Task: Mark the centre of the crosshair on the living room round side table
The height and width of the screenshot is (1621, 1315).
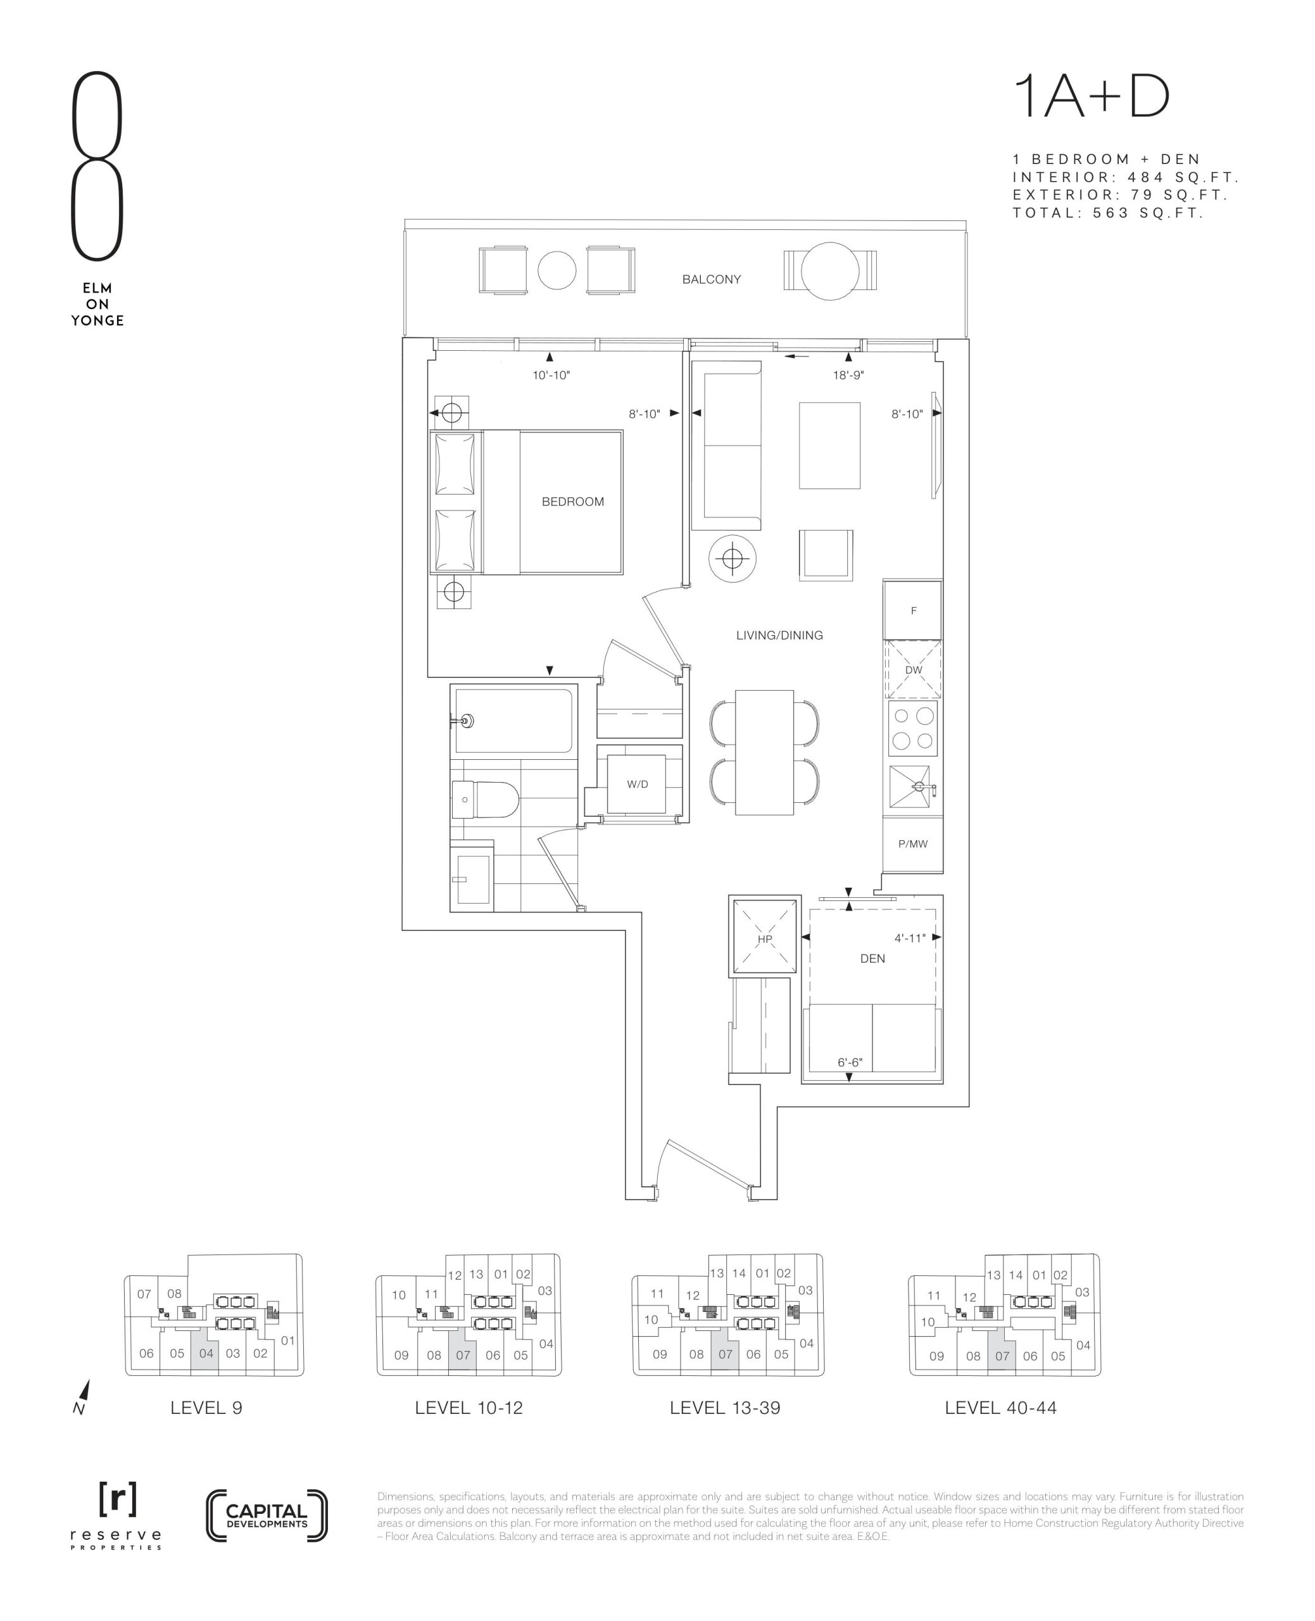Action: pos(732,559)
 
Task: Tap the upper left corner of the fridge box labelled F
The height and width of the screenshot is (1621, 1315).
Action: pos(884,581)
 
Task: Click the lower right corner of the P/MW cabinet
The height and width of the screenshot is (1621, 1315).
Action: pos(942,871)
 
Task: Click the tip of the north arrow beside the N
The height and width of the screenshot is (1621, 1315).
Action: pos(89,1379)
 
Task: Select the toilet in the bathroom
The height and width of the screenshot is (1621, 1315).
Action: pos(485,800)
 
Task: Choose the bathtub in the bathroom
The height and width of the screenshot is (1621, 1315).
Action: pos(513,721)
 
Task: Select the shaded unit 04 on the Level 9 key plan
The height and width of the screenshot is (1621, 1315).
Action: pos(205,1352)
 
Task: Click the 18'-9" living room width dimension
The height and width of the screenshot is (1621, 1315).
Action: pos(848,375)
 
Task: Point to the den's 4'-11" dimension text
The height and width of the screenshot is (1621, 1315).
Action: pos(910,938)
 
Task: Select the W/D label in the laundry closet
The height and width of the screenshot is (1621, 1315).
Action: pos(637,784)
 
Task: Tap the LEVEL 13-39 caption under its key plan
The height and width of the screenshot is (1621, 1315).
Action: pos(725,1408)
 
